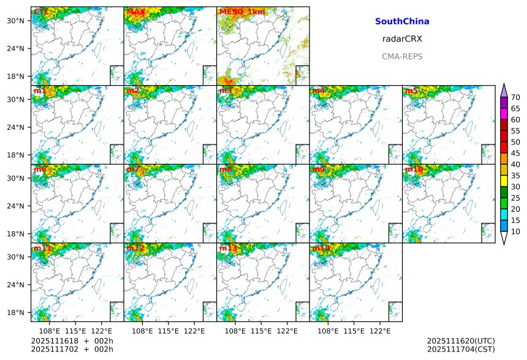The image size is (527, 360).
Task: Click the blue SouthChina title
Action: point(402,21)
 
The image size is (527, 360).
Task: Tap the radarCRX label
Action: point(402,39)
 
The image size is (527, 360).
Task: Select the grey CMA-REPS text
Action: point(402,56)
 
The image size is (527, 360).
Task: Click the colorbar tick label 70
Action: point(515,97)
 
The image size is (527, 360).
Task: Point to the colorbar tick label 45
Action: point(515,153)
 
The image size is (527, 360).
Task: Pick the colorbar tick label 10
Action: point(515,231)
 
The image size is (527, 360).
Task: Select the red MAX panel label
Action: point(135,12)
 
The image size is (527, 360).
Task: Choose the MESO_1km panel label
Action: point(242,12)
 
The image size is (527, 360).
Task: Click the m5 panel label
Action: point(411,91)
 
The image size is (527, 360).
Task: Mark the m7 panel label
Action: point(133,169)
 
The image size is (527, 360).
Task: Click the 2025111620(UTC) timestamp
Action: point(461,341)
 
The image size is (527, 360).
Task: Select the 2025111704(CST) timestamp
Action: point(461,350)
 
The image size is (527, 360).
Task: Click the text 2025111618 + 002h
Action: point(72,341)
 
